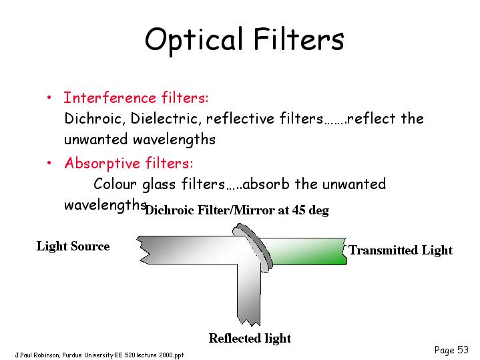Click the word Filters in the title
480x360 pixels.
tap(299, 39)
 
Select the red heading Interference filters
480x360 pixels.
tap(136, 98)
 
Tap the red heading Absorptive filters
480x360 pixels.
tap(129, 163)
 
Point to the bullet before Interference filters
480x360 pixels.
tap(49, 98)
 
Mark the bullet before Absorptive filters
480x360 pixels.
tap(49, 163)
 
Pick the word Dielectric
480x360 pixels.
tap(166, 119)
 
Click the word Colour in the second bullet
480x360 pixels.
tap(115, 184)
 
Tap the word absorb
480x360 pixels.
tap(266, 184)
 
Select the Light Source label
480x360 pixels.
tap(73, 246)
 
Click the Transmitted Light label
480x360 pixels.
tap(401, 250)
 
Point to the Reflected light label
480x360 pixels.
tap(250, 338)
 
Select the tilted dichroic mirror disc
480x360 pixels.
tap(253, 247)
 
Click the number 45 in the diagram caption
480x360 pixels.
tap(298, 210)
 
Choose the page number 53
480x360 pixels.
tap(463, 349)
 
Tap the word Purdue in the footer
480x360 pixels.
tap(72, 355)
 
